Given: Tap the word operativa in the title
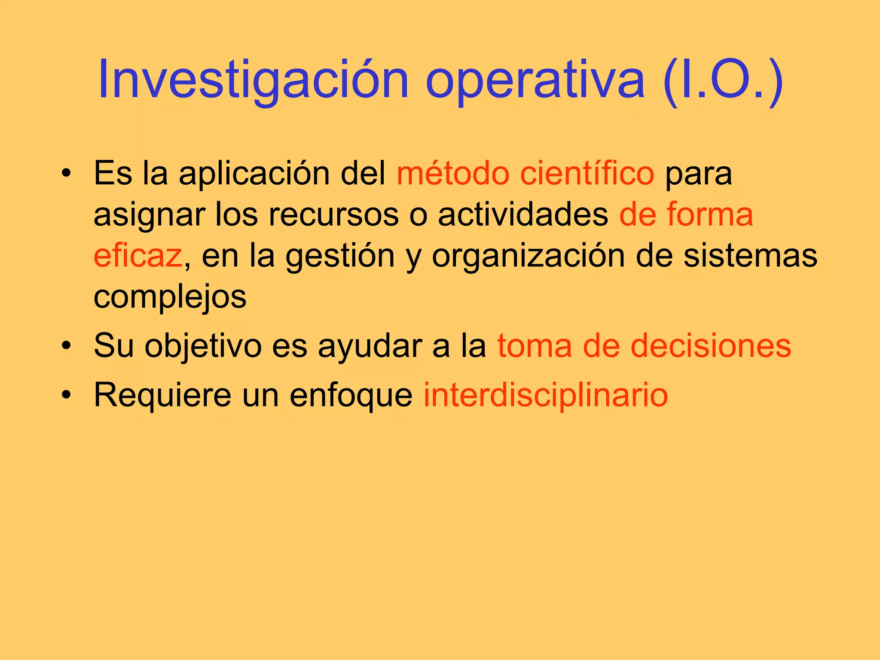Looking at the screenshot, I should click(535, 82).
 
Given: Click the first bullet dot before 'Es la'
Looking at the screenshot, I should click(66, 174).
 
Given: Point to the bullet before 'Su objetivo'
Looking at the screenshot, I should click(66, 346).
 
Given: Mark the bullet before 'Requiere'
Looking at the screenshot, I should click(66, 395).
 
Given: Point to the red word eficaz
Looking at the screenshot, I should click(138, 256).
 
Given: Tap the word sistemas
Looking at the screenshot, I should click(750, 256).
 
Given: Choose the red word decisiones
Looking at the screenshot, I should click(711, 346).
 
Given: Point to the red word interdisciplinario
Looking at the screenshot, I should click(546, 395).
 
